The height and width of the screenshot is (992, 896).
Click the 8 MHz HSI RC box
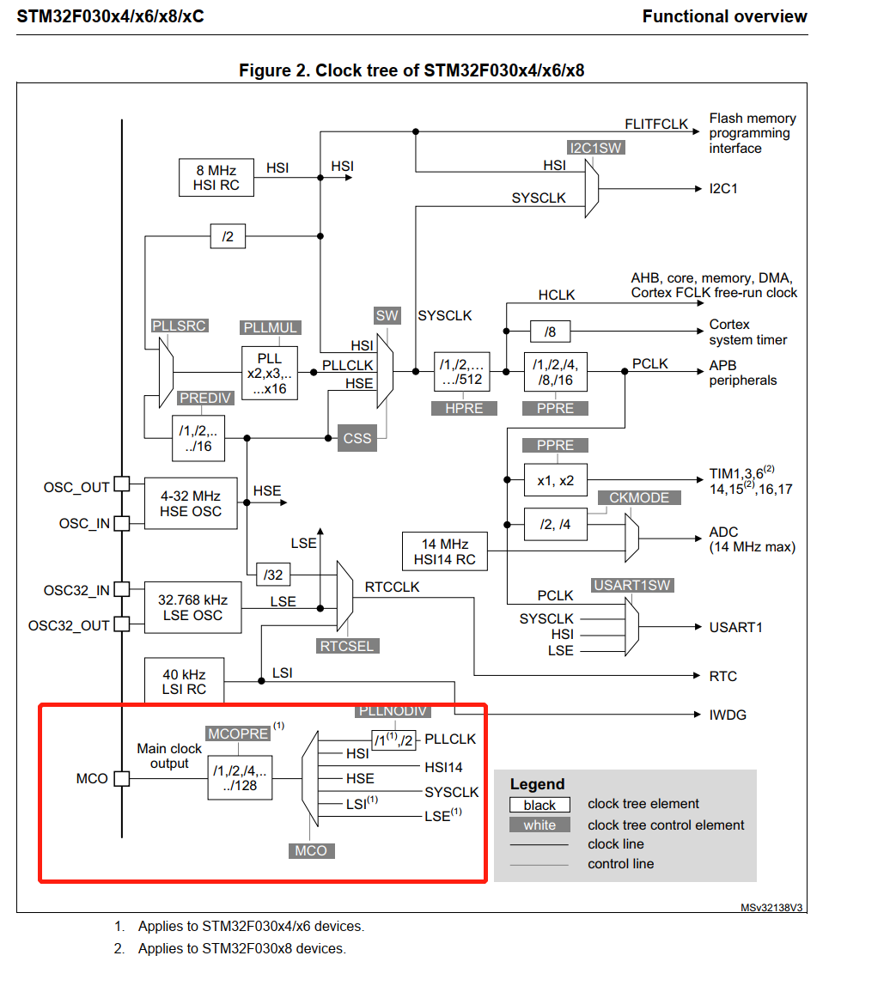pos(217,178)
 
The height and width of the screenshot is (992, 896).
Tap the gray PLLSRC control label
pos(180,326)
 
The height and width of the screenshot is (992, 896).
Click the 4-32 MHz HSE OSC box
pos(190,503)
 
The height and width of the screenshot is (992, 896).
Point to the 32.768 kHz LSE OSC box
pos(190,608)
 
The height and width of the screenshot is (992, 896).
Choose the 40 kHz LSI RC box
pos(184,682)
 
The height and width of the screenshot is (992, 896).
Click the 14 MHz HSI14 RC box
pos(445,551)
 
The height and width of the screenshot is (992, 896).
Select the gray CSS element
pos(357,438)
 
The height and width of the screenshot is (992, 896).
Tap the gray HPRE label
pos(464,409)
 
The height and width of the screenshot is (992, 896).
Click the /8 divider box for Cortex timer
pos(550,332)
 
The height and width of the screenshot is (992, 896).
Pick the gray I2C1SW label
pos(595,148)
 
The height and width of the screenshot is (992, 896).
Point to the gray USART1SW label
pos(632,585)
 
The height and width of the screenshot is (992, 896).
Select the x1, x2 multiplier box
pos(555,480)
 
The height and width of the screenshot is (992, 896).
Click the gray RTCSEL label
pos(347,646)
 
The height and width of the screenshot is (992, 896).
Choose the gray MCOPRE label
pos(238,733)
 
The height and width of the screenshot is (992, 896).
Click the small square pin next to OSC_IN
pos(122,523)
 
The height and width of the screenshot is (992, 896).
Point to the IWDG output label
pos(728,715)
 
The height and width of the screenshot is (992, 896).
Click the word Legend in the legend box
pos(537,784)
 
